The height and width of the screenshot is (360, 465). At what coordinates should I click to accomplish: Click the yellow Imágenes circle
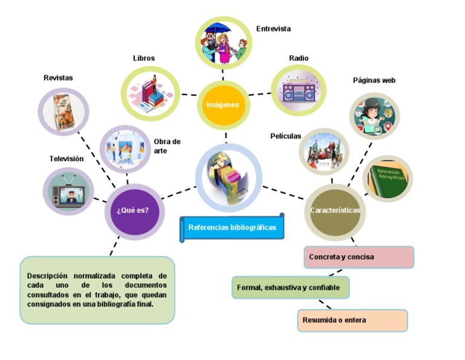click(223, 104)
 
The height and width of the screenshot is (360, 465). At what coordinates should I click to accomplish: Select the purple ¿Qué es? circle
click(134, 211)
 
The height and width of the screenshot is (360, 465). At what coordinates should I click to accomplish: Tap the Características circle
click(335, 210)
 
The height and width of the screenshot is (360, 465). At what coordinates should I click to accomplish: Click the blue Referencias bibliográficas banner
click(232, 228)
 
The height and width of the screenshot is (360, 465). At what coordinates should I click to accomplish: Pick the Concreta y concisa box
click(358, 257)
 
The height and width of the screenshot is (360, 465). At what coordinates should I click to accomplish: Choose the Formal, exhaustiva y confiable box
click(290, 287)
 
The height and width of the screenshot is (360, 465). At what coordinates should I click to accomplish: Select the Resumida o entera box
click(352, 320)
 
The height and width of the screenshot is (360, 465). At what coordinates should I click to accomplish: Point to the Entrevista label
click(273, 28)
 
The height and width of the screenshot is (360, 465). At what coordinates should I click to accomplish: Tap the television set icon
click(69, 192)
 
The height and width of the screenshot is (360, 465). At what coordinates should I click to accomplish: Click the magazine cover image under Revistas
click(64, 112)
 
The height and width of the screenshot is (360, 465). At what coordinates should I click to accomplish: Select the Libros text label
click(143, 58)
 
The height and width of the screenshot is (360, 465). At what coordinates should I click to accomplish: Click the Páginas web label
click(374, 80)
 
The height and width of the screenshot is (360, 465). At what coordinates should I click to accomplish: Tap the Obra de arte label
click(167, 146)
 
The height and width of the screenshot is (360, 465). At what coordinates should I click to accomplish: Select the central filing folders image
click(228, 176)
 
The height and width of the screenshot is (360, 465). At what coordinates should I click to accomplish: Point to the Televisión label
click(66, 159)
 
